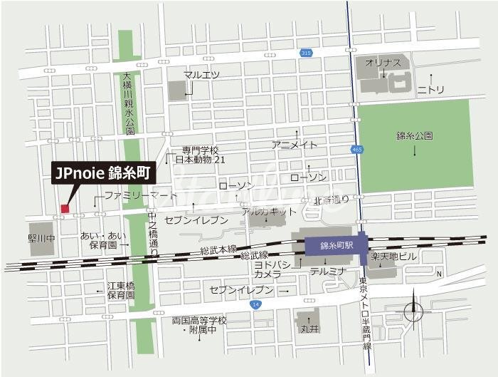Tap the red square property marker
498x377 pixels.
tap(65, 208)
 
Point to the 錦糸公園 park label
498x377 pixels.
tap(415, 135)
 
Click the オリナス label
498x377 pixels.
tap(383, 63)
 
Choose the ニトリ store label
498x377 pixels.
tap(430, 89)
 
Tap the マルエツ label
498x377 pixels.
tap(201, 75)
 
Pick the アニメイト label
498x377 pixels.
tap(295, 145)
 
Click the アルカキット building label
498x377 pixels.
tap(269, 212)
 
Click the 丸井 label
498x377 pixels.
tap(308, 329)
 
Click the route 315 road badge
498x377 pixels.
tap(306, 53)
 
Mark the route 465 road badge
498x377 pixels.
tap(356, 149)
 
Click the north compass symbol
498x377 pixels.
tap(413, 311)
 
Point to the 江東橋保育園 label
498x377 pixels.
tap(121, 290)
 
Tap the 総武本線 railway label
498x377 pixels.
tap(218, 249)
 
